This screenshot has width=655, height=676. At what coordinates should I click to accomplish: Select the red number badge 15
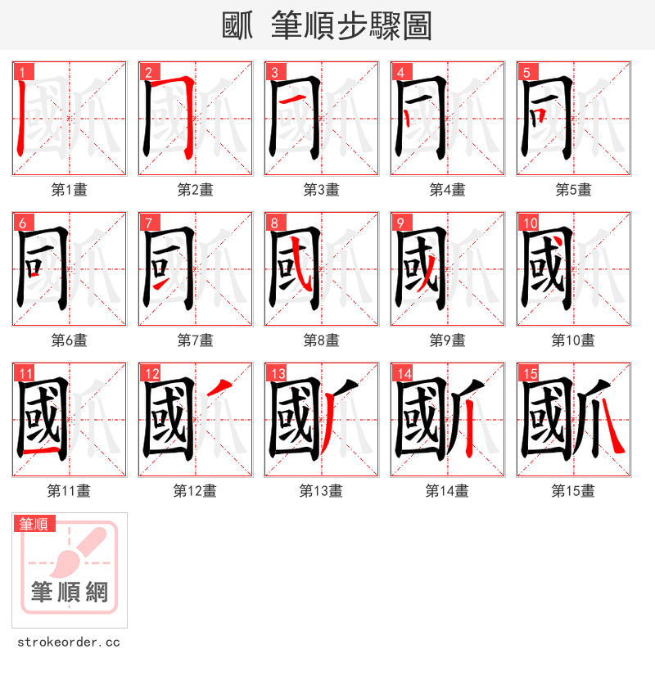tap(528, 374)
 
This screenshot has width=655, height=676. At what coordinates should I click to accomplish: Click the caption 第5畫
tap(573, 190)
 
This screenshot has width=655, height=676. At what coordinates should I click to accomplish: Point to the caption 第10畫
tap(573, 340)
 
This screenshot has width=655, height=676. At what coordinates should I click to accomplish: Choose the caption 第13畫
tap(321, 491)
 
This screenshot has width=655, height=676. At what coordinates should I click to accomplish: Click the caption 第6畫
tap(69, 340)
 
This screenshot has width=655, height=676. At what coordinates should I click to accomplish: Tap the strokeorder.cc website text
tap(69, 642)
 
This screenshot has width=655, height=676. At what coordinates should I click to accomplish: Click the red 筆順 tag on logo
tap(34, 524)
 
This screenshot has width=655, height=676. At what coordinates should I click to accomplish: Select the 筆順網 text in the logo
tap(70, 592)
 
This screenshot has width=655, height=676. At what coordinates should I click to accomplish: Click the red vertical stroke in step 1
tap(20, 119)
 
